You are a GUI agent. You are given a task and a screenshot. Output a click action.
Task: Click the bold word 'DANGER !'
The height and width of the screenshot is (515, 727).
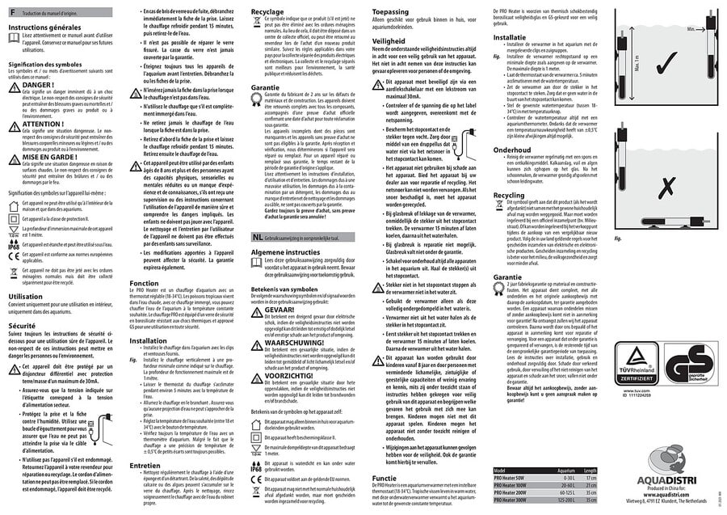tap(39, 84)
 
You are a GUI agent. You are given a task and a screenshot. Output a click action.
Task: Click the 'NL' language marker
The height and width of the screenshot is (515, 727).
tap(256, 237)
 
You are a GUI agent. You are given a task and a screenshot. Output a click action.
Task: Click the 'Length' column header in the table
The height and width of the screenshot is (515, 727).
tap(590, 471)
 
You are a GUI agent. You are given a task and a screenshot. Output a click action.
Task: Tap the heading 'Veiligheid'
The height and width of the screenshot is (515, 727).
tap(389, 39)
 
